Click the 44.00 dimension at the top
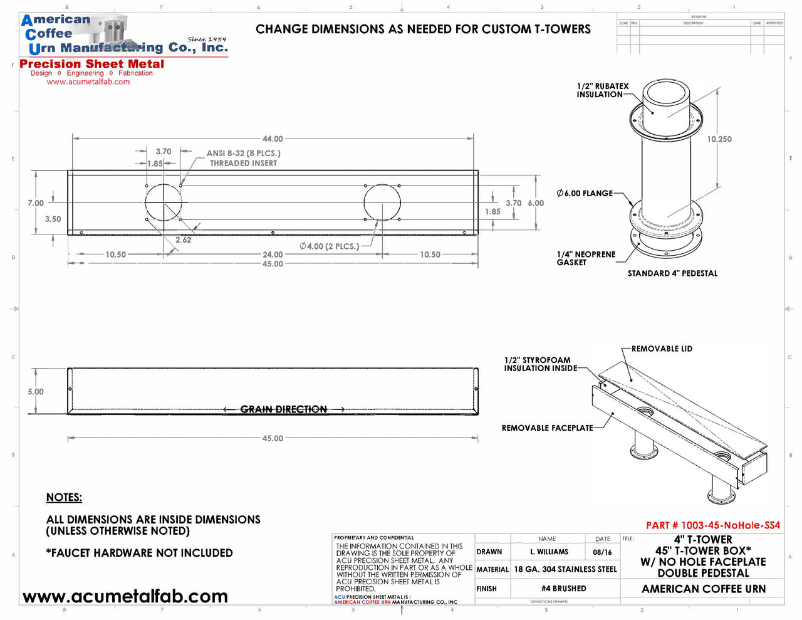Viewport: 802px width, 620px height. pos(273,139)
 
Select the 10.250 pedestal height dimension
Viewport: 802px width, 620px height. pos(719,139)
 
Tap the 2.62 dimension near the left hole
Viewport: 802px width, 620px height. pos(183,240)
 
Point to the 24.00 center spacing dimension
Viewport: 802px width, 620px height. pos(273,255)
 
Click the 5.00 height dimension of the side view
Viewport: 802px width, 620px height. pos(36,392)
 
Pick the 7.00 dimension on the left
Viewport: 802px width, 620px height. pos(36,203)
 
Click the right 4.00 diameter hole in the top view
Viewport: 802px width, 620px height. pos(382,202)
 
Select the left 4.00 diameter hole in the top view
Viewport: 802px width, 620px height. pos(164,202)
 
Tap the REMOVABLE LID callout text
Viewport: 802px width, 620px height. pos(662,349)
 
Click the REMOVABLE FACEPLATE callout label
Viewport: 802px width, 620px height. pos(547,428)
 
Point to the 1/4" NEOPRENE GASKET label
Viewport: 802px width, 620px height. pos(586,258)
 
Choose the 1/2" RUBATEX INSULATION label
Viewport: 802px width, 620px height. pos(602,90)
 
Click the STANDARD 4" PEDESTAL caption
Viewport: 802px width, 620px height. pos(672,273)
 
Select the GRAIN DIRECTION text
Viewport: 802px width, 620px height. pos(284,409)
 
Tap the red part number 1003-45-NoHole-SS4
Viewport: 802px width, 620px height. pos(713,525)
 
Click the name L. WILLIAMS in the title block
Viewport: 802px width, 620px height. pos(549,552)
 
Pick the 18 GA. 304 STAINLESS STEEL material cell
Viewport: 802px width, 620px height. pos(565,569)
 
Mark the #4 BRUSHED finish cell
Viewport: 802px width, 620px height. pos(564,589)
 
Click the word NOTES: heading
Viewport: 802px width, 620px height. pos(64,497)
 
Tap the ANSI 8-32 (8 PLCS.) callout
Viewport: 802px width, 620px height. pos(243,153)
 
